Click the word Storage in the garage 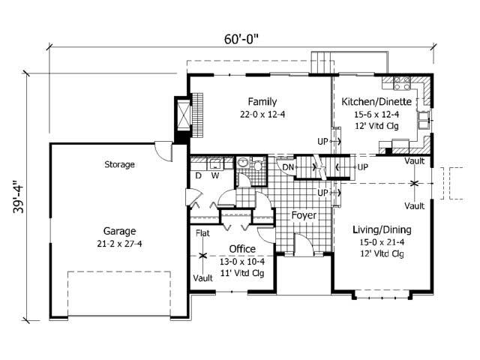click(119, 164)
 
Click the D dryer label click(199, 175)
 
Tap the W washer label click(215, 175)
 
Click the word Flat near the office click(202, 233)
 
